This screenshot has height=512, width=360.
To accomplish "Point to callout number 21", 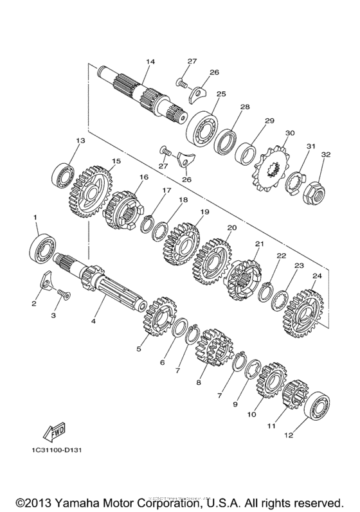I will pos(260,243).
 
